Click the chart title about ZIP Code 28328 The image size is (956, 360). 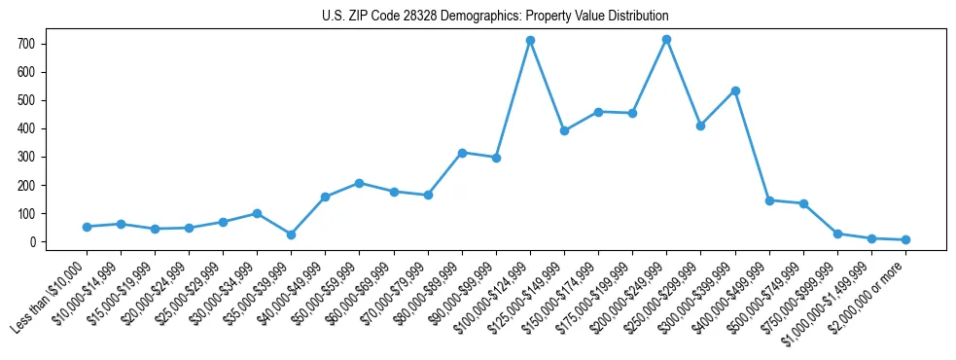point(495,17)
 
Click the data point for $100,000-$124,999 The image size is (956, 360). point(530,41)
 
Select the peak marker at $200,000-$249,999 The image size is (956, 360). point(666,40)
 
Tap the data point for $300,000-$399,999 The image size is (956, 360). point(735,90)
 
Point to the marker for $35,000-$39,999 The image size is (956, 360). point(291,234)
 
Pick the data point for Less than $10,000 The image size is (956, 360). point(87,227)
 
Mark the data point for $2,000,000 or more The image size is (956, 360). point(905,239)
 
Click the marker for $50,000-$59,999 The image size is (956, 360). point(360,183)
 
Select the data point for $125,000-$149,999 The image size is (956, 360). point(564,130)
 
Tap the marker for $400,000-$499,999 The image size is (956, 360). point(769,200)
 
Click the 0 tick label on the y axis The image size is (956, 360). point(34,242)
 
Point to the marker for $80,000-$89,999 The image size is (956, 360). point(462,153)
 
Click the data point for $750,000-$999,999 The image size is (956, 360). point(837,234)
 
